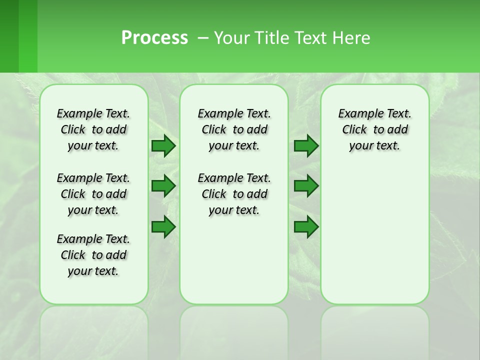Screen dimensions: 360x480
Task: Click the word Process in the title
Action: (x=154, y=37)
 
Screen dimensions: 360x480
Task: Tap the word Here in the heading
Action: (x=352, y=37)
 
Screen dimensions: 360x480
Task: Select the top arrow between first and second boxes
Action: (x=163, y=145)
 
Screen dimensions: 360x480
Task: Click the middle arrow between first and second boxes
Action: (x=163, y=186)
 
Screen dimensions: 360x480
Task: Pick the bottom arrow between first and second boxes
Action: (x=163, y=227)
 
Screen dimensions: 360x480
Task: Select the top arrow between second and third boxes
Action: (x=306, y=145)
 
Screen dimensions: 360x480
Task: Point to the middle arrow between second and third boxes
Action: (x=306, y=186)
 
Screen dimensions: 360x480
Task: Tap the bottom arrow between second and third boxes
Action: (x=306, y=227)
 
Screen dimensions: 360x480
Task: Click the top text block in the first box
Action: (x=93, y=129)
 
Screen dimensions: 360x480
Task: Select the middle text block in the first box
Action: (x=93, y=194)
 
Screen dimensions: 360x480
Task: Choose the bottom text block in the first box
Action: (x=93, y=255)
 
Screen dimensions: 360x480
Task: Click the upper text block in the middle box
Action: (x=234, y=129)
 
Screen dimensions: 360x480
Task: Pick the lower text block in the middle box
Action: (x=234, y=194)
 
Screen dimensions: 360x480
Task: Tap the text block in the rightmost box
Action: (x=374, y=129)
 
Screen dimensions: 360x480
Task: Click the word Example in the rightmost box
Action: (x=357, y=113)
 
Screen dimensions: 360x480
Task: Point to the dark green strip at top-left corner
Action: (x=9, y=36)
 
